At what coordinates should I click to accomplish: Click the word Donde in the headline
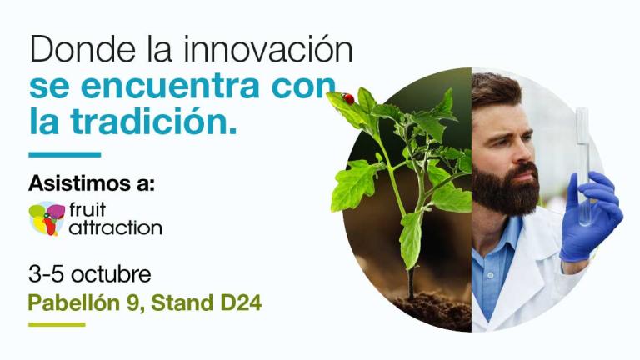(82, 49)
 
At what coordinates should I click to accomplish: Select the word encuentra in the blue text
(170, 86)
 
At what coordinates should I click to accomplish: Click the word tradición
(153, 121)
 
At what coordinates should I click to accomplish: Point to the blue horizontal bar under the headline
(64, 155)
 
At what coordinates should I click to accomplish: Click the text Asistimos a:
(92, 183)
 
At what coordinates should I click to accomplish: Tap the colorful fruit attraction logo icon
(47, 219)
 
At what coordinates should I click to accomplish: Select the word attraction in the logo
(116, 228)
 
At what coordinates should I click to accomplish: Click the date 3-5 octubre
(90, 274)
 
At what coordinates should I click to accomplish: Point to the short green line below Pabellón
(57, 325)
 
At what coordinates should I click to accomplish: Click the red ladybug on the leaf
(348, 98)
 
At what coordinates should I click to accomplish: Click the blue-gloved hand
(590, 217)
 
